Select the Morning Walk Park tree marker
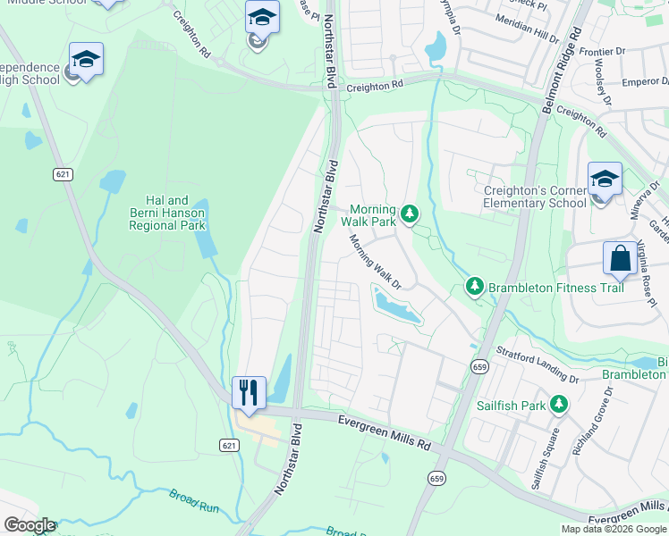pyautogui.click(x=409, y=214)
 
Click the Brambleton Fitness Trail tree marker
pyautogui.click(x=473, y=286)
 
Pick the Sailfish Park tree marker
pyautogui.click(x=559, y=405)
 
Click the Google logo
pyautogui.click(x=30, y=525)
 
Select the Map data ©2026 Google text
pyautogui.click(x=614, y=529)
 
